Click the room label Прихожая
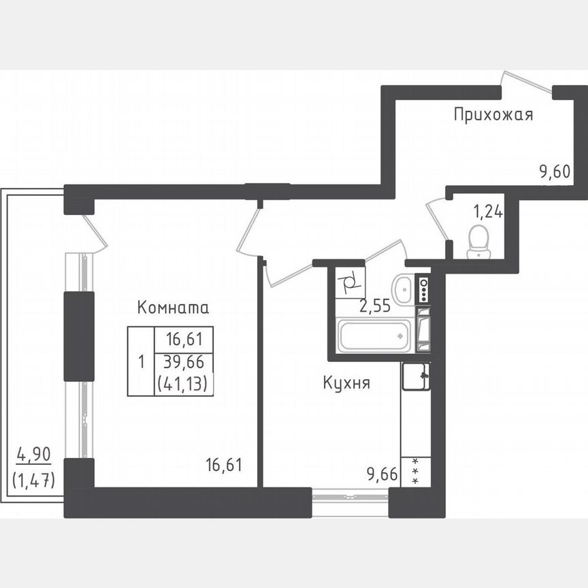493,114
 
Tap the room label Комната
173,308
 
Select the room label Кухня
346,384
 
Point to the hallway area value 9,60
555,171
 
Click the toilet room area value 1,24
487,211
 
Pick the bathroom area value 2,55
374,306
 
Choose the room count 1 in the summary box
141,361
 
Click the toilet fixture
479,243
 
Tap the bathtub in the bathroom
375,336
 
